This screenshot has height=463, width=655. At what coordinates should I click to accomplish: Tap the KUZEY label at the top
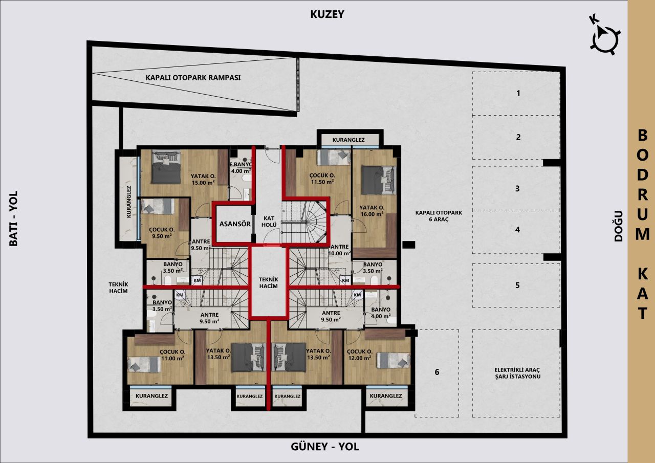[x=327, y=14]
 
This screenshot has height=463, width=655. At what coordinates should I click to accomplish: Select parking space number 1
[x=518, y=93]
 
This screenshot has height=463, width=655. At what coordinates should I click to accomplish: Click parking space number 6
[x=437, y=372]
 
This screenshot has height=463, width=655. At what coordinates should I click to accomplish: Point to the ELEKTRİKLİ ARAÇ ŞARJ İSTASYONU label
[x=517, y=373]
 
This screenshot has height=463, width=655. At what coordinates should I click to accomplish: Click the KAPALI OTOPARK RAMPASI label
[x=193, y=78]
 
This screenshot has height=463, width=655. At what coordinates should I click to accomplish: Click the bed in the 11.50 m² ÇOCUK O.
[x=333, y=158]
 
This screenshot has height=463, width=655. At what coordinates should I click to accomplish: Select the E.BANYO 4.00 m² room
[x=241, y=175]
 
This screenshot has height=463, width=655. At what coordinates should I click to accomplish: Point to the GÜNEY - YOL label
[x=325, y=447]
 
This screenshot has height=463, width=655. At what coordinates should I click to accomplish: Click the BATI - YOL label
[x=13, y=218]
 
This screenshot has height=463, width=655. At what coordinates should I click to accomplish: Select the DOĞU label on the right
[x=618, y=226]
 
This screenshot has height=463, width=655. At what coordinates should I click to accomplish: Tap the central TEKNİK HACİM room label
[x=268, y=282]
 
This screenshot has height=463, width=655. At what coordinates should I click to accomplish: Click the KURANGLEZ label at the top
[x=348, y=139]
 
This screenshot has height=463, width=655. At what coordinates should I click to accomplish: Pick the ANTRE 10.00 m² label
[x=340, y=249]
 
